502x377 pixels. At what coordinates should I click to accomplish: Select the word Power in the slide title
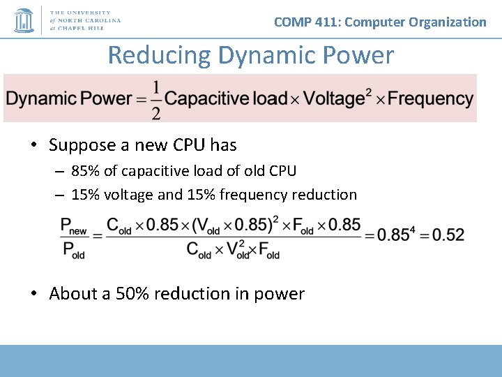pyautogui.click(x=358, y=54)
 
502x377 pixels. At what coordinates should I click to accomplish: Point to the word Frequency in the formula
pyautogui.click(x=430, y=98)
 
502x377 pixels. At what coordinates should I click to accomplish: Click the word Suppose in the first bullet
pyautogui.click(x=77, y=145)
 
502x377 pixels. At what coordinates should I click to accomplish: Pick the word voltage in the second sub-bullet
pyautogui.click(x=129, y=195)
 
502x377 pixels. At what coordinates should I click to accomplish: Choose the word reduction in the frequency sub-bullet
pyautogui.click(x=324, y=195)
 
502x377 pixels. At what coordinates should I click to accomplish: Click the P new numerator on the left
pyautogui.click(x=74, y=226)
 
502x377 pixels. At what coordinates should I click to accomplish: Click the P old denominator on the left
pyautogui.click(x=73, y=250)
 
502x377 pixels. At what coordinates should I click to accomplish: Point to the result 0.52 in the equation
pyautogui.click(x=448, y=235)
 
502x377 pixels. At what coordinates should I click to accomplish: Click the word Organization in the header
pyautogui.click(x=448, y=22)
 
